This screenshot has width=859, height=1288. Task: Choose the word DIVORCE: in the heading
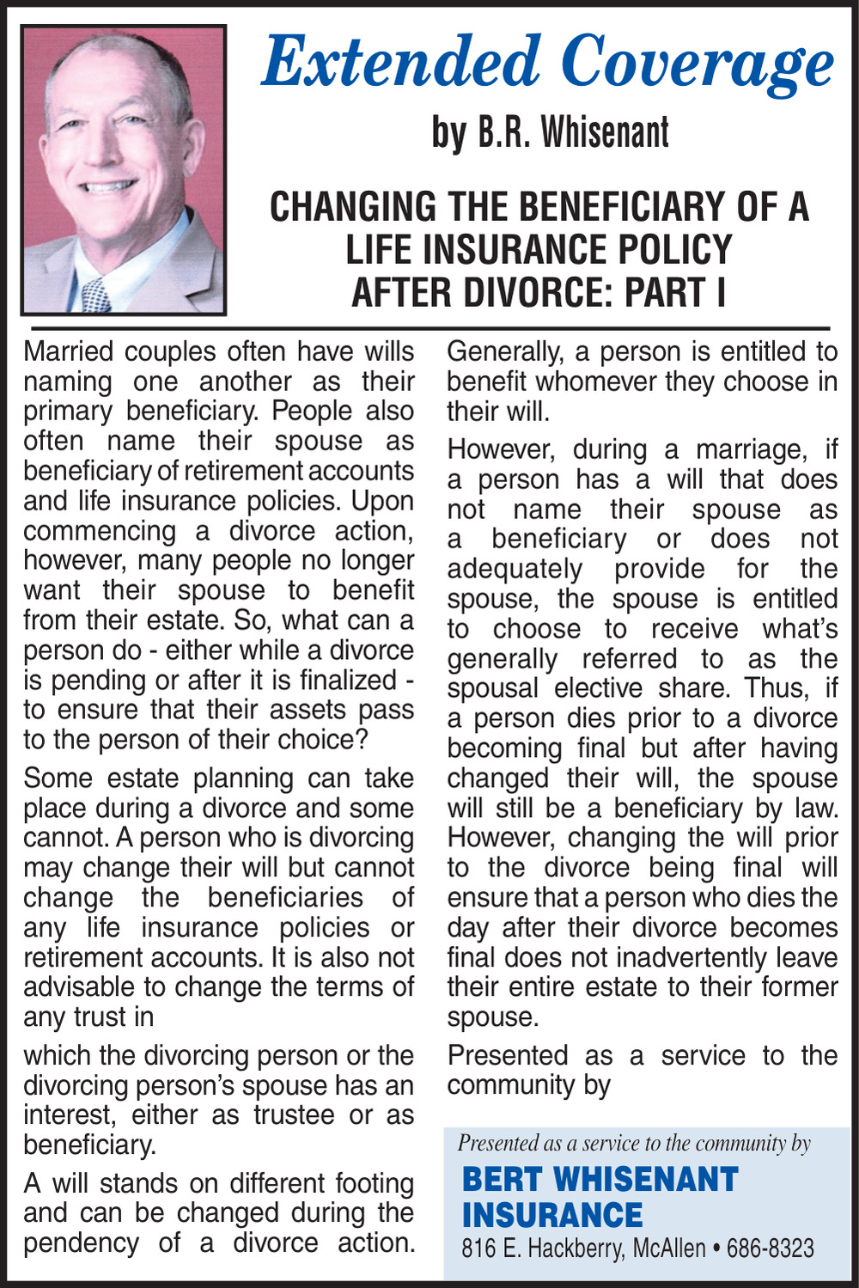[545, 292]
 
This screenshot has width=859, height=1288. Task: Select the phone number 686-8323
[770, 1248]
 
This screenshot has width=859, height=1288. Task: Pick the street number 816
[477, 1248]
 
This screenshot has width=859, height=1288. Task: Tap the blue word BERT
[501, 1180]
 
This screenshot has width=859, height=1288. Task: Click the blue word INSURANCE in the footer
[552, 1215]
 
